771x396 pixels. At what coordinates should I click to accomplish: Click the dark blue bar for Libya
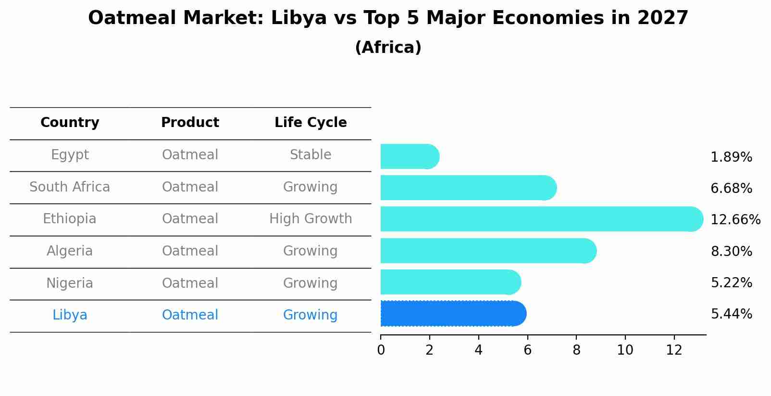click(452, 314)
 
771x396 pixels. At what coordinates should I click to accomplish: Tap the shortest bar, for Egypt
click(409, 157)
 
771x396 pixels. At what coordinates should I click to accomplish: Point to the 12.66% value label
click(735, 220)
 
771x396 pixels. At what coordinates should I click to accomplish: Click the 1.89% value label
click(731, 157)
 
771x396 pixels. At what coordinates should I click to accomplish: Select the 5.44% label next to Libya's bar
click(731, 314)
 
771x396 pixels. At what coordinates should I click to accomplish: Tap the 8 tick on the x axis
click(576, 350)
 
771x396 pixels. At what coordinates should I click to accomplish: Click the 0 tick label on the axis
click(381, 350)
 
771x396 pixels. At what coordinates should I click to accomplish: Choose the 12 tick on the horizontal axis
click(674, 350)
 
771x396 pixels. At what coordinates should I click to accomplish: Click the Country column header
click(70, 123)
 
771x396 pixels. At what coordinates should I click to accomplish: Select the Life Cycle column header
click(311, 123)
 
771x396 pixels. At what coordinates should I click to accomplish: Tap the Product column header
click(190, 123)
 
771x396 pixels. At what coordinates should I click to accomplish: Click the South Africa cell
click(70, 187)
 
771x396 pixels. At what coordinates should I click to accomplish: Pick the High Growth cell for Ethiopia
click(311, 219)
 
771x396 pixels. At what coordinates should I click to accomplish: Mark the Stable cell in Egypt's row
click(311, 155)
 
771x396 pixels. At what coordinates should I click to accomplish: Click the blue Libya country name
click(70, 315)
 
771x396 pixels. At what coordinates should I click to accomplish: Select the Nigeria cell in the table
click(70, 283)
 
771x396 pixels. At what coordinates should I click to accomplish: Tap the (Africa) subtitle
click(388, 48)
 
